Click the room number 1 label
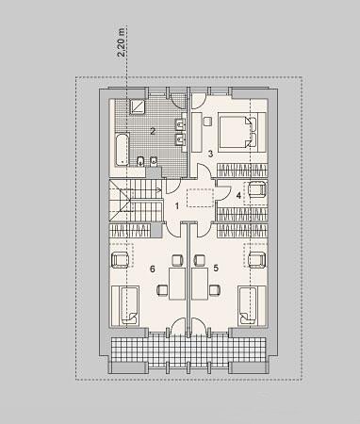click(177, 206)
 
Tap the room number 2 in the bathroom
click(153, 131)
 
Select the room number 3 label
click(210, 154)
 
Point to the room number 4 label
click(238, 196)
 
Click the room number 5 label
click(216, 268)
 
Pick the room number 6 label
click(153, 269)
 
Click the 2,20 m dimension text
click(121, 42)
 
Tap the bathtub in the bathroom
click(122, 150)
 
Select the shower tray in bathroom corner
click(138, 106)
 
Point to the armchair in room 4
click(258, 189)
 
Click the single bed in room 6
click(125, 305)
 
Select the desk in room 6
click(177, 284)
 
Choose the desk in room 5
click(200, 284)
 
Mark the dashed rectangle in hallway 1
click(201, 198)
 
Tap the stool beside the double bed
click(207, 122)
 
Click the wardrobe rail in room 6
click(130, 231)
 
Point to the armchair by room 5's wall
click(258, 260)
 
